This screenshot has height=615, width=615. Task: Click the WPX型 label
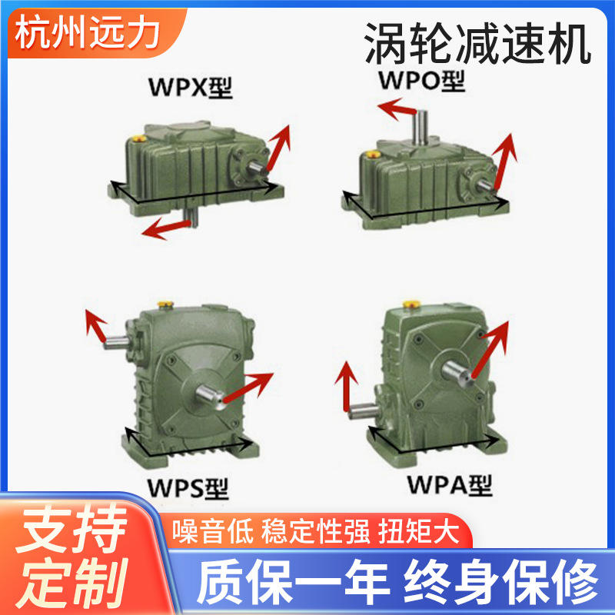pos(190,90)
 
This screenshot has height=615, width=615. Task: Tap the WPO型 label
pos(421,79)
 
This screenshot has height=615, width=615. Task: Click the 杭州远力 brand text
pos(88,33)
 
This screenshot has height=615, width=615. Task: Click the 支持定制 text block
pos(73,553)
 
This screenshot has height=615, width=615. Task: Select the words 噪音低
pos(211,531)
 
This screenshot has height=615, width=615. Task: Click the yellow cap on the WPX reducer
pos(140,139)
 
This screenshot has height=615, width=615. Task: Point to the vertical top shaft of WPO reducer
pos(421,125)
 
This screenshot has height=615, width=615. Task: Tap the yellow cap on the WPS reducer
pos(163,305)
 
